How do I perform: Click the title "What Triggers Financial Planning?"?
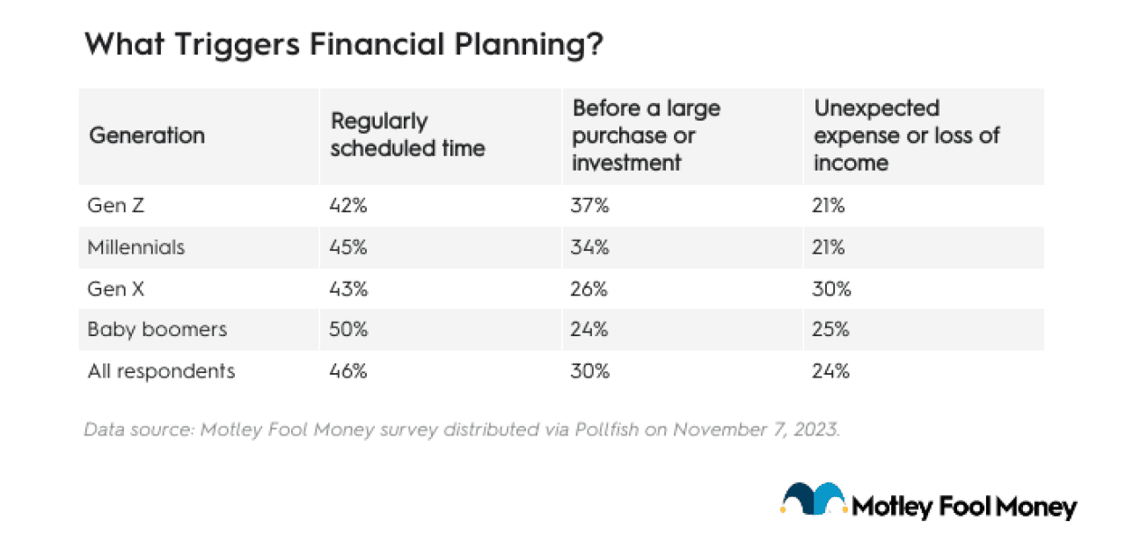(344, 45)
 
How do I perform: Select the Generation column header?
(147, 136)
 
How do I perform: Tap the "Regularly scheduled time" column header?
(407, 136)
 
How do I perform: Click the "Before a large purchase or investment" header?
(647, 136)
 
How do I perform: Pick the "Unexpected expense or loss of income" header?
(907, 136)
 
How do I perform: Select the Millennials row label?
(136, 247)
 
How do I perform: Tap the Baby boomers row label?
(157, 330)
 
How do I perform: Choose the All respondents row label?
(162, 371)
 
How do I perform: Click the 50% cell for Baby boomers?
(348, 330)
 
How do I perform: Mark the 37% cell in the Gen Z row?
(590, 206)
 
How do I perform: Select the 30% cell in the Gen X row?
(831, 289)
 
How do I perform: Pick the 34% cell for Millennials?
(590, 247)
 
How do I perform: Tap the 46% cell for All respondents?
(348, 371)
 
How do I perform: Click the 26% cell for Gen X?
(590, 289)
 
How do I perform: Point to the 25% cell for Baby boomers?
(831, 330)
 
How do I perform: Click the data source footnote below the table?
(463, 430)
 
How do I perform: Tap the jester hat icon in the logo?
(813, 501)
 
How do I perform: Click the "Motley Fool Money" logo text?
(964, 507)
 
